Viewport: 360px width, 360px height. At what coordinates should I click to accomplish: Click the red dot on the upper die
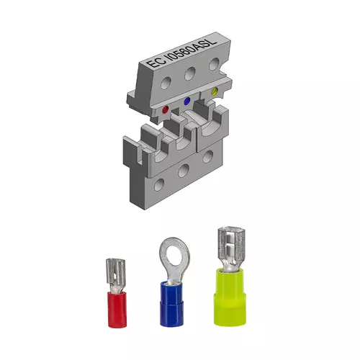166,110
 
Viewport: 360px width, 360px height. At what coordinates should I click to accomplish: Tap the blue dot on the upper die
186,101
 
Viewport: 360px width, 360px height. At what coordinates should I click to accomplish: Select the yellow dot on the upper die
215,91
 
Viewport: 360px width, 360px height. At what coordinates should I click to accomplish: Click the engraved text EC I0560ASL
181,52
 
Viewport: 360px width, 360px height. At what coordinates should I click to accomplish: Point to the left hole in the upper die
166,83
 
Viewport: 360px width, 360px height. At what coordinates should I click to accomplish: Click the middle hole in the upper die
190,73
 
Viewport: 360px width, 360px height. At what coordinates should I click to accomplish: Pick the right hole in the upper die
214,64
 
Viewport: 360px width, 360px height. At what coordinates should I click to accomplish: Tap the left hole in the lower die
159,184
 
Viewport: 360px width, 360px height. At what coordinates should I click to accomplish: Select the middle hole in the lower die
184,171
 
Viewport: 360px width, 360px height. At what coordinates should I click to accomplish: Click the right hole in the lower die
207,156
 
